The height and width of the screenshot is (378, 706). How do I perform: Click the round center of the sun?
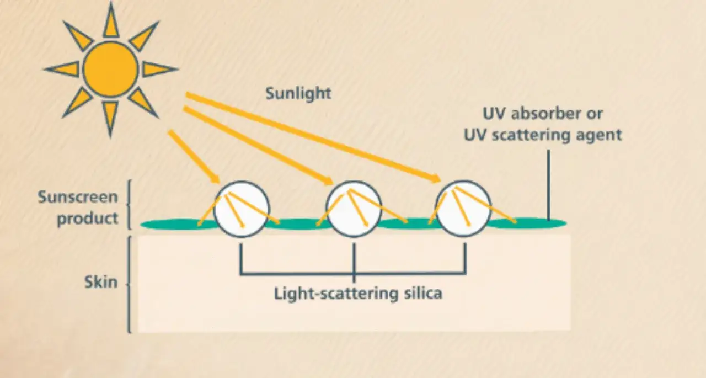click(x=111, y=70)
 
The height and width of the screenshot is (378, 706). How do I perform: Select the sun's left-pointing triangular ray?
click(x=62, y=69)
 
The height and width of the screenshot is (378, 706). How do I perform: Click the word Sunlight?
click(x=298, y=94)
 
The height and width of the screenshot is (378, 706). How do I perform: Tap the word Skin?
click(x=101, y=281)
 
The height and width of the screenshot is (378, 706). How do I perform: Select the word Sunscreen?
click(x=78, y=197)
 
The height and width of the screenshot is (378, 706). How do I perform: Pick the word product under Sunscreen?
click(x=88, y=219)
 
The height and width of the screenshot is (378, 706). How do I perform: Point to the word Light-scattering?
click(x=336, y=294)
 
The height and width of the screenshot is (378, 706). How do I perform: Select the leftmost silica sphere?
click(x=242, y=209)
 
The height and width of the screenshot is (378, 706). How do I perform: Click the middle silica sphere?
click(x=354, y=209)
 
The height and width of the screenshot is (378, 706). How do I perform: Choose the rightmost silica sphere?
click(x=463, y=209)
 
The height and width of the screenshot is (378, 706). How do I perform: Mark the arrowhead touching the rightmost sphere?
click(x=436, y=178)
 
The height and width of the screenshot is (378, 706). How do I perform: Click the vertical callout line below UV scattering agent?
click(x=549, y=185)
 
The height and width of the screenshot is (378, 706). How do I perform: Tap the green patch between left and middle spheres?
click(x=298, y=223)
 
